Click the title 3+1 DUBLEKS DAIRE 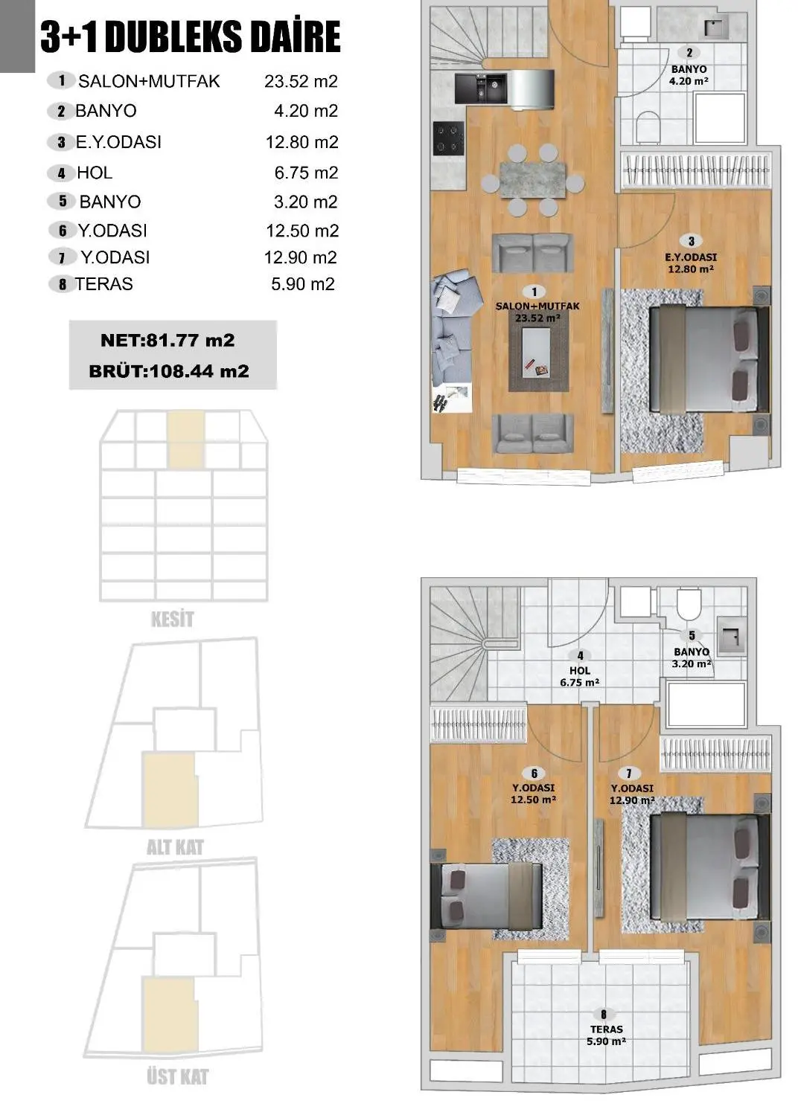pyautogui.click(x=191, y=37)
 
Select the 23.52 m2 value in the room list pyautogui.click(x=301, y=81)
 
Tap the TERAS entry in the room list pyautogui.click(x=103, y=284)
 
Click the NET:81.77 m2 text pyautogui.click(x=167, y=341)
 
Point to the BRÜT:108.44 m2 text pyautogui.click(x=169, y=371)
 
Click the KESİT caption pyautogui.click(x=172, y=619)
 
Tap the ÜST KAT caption pyautogui.click(x=177, y=1076)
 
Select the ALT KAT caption pyautogui.click(x=175, y=847)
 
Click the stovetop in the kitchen pyautogui.click(x=449, y=138)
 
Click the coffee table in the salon pyautogui.click(x=538, y=353)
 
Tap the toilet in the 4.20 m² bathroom pyautogui.click(x=648, y=127)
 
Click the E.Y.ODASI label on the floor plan pyautogui.click(x=691, y=257)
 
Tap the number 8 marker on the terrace pyautogui.click(x=604, y=1014)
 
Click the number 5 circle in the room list pyautogui.click(x=63, y=201)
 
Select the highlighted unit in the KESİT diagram pyautogui.click(x=185, y=440)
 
